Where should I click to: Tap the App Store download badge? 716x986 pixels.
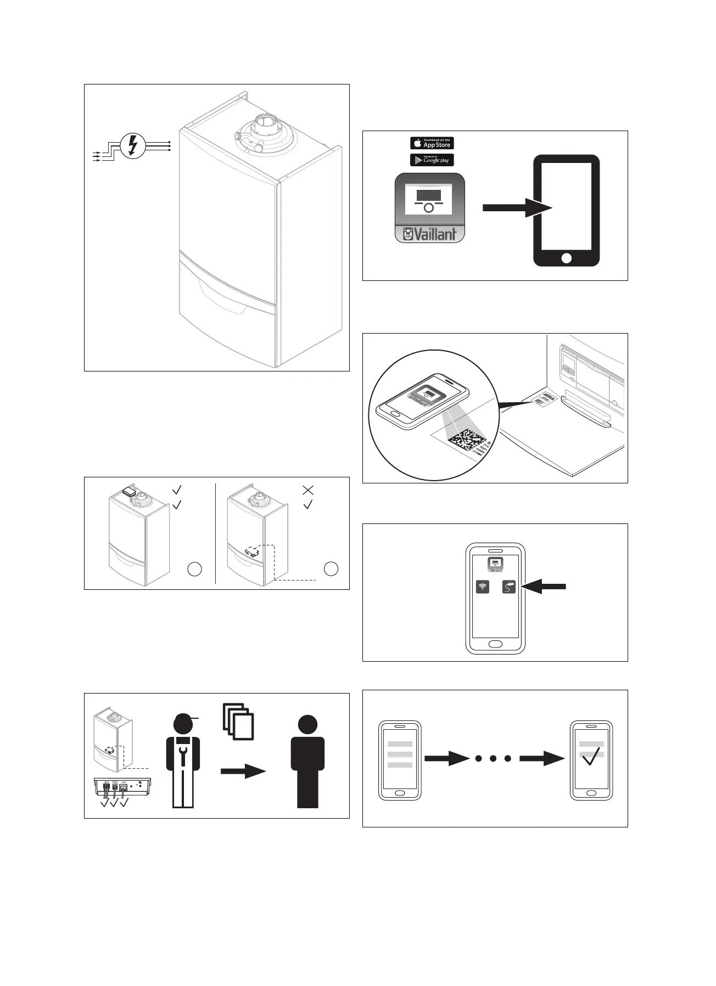click(432, 143)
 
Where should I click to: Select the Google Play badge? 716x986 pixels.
click(432, 160)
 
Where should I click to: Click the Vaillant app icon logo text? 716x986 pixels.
click(430, 234)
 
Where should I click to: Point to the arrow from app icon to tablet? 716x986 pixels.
click(516, 208)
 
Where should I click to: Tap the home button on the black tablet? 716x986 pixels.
click(567, 258)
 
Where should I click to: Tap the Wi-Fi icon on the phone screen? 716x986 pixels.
click(483, 587)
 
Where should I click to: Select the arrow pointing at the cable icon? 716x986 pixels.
click(544, 587)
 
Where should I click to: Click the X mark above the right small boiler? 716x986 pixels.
click(308, 489)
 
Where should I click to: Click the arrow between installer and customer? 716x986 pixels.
click(243, 771)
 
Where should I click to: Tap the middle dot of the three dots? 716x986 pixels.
click(493, 758)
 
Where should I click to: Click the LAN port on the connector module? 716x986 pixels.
click(124, 787)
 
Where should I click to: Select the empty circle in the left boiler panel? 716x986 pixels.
click(194, 569)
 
